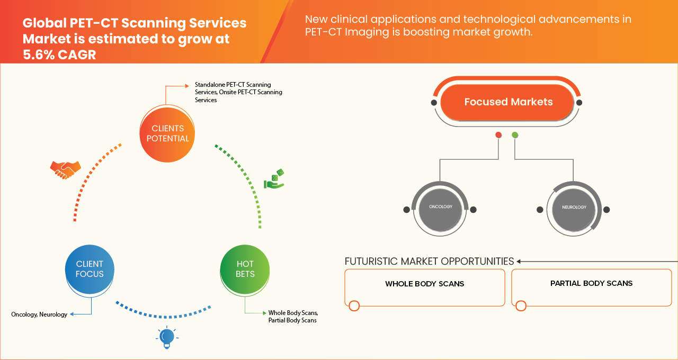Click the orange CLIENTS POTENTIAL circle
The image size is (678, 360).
pos(167,133)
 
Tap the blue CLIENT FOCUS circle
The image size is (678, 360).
pos(90,269)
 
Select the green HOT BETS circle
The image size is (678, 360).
pos(245,269)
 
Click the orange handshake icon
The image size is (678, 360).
pos(65,169)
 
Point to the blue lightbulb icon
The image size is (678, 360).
pos(167,337)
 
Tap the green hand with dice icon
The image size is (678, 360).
pos(275,179)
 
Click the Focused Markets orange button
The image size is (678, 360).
pos(507,102)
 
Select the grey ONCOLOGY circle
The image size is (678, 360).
pos(440,207)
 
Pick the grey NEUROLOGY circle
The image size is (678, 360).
pos(574,208)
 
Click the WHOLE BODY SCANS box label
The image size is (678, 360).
pos(424,284)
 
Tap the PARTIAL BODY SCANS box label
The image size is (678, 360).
pos(591,283)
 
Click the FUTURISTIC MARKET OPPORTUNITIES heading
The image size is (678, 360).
pos(429,262)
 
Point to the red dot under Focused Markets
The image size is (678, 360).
pos(498,136)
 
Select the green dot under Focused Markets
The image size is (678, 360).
pos(515,136)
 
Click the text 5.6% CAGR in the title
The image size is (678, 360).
pos(59,54)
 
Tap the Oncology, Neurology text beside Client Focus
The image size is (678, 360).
pos(39,314)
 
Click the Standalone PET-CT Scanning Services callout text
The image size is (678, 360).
pos(238,92)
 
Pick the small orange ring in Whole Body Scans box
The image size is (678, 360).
pos(354,305)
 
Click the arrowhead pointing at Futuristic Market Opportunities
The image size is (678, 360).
pos(519,262)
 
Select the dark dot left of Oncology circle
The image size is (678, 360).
pos(406,210)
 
